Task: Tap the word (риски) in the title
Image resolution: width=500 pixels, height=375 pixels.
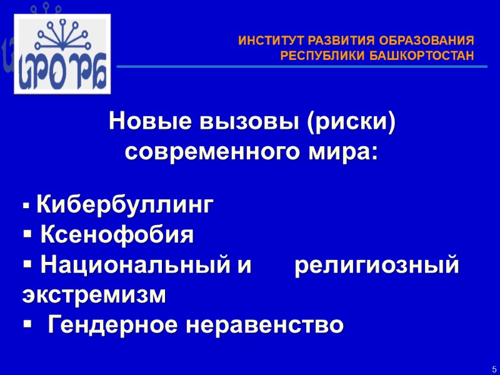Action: click(x=351, y=122)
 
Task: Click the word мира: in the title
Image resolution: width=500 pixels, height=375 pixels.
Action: click(x=349, y=152)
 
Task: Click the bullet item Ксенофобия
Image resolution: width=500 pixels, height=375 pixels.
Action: click(x=117, y=236)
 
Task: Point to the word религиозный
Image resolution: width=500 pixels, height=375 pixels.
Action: click(x=376, y=266)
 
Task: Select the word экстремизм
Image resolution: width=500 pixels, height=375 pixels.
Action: click(x=94, y=295)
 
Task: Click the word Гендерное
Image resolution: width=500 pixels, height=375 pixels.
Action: click(x=121, y=325)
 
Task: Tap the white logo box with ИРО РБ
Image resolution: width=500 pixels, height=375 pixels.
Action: click(x=62, y=54)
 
